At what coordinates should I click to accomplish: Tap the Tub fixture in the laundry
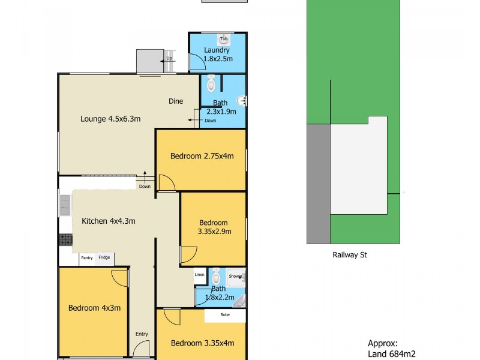(224, 40)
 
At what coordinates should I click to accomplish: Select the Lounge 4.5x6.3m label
(110, 119)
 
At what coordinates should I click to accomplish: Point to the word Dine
(175, 101)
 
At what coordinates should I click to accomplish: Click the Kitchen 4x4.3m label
(108, 221)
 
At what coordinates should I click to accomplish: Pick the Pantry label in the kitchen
(87, 258)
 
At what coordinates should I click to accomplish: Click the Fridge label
(104, 258)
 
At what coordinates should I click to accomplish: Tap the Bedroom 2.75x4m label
(202, 156)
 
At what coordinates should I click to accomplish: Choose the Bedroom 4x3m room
(94, 308)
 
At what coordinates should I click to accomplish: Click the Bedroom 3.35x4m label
(202, 343)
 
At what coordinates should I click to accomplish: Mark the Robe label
(224, 314)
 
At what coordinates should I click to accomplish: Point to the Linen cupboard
(200, 275)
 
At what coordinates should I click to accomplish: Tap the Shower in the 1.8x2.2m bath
(236, 277)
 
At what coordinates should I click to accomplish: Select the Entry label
(142, 334)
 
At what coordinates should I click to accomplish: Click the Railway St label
(350, 254)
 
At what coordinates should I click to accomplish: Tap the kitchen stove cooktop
(65, 240)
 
